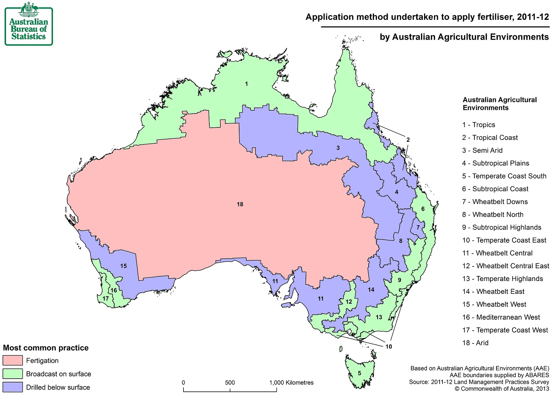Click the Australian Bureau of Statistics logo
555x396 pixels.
[x=29, y=24]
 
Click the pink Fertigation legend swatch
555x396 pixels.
[x=13, y=361]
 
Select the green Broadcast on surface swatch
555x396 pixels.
[x=13, y=374]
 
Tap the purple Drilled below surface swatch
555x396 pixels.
[x=13, y=387]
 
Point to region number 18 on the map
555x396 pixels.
[x=240, y=204]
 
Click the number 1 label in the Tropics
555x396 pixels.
[x=246, y=84]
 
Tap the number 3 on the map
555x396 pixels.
[x=338, y=148]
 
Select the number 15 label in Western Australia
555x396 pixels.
[x=123, y=266]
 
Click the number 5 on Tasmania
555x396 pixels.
[x=359, y=373]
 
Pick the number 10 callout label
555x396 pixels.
[x=389, y=347]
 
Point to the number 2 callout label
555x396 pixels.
[x=408, y=140]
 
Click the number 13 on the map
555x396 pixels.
[x=379, y=317]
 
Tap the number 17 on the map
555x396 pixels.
[x=105, y=299]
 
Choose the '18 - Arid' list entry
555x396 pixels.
[x=475, y=343]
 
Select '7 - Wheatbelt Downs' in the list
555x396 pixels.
[x=495, y=202]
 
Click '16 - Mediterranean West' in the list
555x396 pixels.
[x=501, y=317]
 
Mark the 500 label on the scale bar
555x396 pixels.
[x=230, y=383]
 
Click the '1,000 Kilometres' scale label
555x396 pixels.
[x=291, y=383]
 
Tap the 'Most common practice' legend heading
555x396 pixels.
[x=46, y=348]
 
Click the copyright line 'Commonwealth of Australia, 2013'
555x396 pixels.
[x=502, y=389]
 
